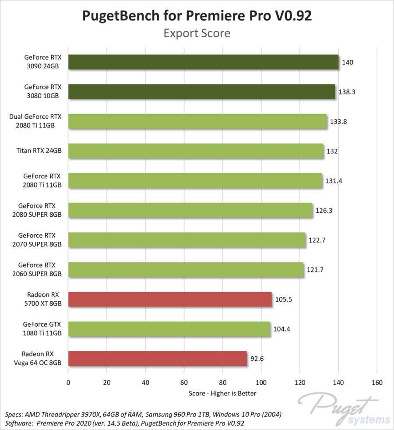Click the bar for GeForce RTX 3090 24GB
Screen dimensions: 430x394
click(203, 62)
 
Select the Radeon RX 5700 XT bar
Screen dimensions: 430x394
click(170, 300)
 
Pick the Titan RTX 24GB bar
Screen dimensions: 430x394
click(195, 151)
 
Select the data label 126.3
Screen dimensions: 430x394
click(324, 211)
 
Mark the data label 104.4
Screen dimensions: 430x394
click(281, 329)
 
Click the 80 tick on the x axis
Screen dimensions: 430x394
click(222, 383)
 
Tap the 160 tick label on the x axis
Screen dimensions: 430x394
click(377, 383)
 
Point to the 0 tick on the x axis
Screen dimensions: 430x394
click(68, 383)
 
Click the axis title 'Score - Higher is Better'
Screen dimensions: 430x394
click(222, 393)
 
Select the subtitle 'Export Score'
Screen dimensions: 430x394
click(197, 33)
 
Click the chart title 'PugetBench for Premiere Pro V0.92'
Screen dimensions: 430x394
click(197, 16)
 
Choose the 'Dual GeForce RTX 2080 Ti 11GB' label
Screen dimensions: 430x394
click(35, 121)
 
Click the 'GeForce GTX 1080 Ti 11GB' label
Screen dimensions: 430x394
click(42, 329)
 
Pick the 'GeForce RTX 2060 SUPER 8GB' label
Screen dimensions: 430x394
click(40, 269)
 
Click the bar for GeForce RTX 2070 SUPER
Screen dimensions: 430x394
click(187, 240)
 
